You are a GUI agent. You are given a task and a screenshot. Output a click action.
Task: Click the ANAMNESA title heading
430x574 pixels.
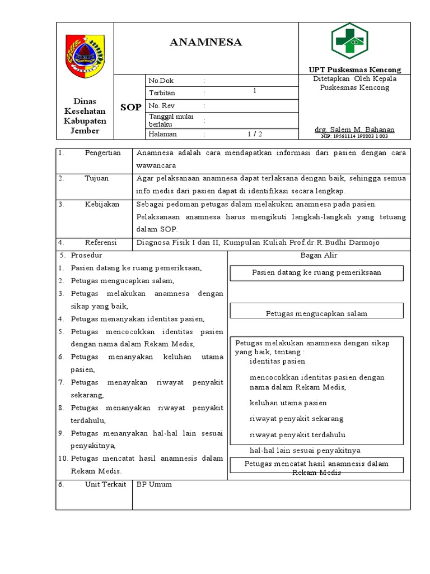(x=206, y=43)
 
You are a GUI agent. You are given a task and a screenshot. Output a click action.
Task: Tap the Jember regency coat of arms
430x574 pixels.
(x=85, y=55)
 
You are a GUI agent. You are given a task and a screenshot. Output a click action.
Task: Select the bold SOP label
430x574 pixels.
(x=131, y=107)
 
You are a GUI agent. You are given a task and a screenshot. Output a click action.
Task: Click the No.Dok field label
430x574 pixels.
(x=161, y=81)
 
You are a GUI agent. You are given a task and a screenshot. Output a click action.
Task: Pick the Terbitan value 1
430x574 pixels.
(x=255, y=91)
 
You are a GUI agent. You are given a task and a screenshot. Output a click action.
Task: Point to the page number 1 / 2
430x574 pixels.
(x=255, y=134)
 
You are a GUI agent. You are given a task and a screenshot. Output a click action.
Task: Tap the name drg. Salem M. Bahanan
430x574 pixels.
(x=354, y=129)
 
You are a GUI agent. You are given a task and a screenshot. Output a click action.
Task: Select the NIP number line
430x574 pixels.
(x=354, y=136)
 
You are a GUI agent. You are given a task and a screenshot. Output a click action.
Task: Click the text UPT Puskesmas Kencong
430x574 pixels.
(x=355, y=70)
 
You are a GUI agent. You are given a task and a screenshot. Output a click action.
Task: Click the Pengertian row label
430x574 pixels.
(x=102, y=153)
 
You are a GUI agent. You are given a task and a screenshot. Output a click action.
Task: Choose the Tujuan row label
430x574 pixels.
(x=97, y=178)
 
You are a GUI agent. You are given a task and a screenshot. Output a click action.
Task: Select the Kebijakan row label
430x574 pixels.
(x=102, y=205)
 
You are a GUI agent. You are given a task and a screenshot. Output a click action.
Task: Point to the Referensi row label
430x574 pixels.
(x=101, y=243)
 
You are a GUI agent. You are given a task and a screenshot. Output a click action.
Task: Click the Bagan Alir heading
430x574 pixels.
(x=319, y=256)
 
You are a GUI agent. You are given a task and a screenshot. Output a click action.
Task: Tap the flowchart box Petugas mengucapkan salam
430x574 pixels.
(x=317, y=313)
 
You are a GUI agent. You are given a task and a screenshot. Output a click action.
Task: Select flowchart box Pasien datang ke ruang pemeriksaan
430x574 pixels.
(x=317, y=272)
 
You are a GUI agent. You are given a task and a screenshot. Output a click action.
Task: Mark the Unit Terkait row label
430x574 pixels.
(x=105, y=484)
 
